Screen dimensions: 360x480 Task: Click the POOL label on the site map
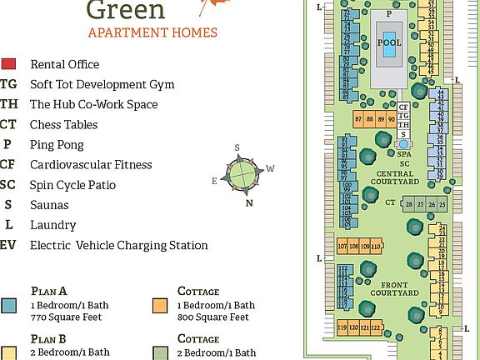click(389, 42)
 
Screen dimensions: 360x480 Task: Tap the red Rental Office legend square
click(8, 64)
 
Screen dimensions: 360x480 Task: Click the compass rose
click(241, 172)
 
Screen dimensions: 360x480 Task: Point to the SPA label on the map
click(403, 154)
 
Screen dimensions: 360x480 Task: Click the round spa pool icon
click(403, 143)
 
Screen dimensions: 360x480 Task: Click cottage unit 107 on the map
click(342, 247)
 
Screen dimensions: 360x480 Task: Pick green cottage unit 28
click(409, 204)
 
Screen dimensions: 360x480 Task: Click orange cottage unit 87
click(359, 120)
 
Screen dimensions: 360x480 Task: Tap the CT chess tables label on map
click(389, 202)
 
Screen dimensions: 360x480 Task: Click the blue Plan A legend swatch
click(8, 305)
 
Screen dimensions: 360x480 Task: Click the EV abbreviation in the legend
click(8, 245)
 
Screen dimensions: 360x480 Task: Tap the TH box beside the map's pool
click(403, 125)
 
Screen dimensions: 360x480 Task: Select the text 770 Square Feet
click(62, 317)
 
